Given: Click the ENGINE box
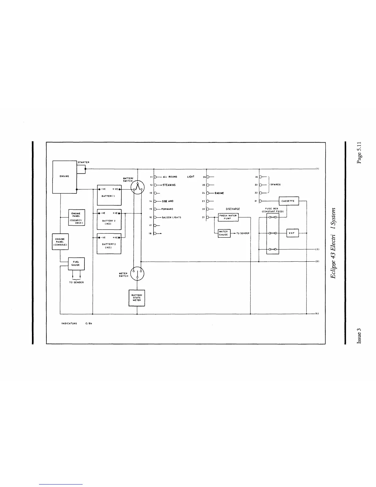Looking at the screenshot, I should pos(65,177).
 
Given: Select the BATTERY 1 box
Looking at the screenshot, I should pos(109,195).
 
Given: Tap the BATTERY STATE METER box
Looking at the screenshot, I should pos(137,298).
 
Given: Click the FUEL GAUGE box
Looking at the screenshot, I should pos(76,263).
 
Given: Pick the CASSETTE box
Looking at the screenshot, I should pos(288,201).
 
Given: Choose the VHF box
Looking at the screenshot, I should pos(292,233).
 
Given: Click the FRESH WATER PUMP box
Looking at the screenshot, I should pos(228,217).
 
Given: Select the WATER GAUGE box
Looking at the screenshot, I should pos(224,233).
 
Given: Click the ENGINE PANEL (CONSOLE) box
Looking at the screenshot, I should pos(60,242).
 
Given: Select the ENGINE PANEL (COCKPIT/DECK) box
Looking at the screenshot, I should pos(76,218).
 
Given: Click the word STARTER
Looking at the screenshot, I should pos(84,162).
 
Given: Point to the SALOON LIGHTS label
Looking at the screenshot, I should pos(171,217).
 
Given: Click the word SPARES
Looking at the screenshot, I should pos(276,185).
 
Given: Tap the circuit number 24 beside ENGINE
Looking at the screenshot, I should pos(204,193).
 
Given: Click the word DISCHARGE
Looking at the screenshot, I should pos(233,209).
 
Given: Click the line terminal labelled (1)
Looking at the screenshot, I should pos(317,169).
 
